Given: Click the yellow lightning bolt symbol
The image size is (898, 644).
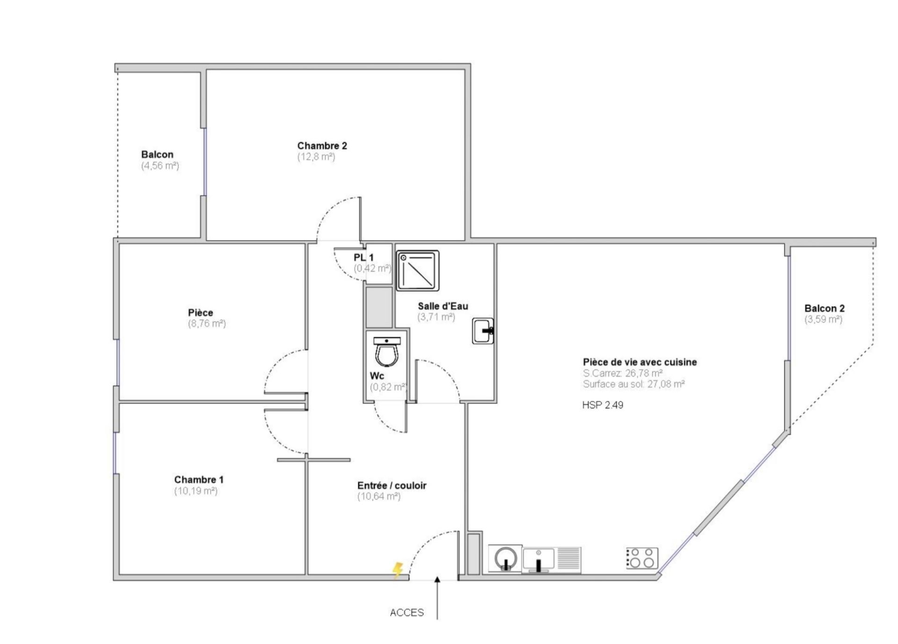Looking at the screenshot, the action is [397, 570].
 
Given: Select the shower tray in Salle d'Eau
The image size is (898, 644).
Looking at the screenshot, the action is [418, 271].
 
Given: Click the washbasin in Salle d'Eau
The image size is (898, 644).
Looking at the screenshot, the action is [483, 331].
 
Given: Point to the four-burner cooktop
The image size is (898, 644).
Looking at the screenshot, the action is [642, 558].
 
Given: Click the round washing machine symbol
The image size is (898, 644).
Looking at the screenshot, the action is [505, 558].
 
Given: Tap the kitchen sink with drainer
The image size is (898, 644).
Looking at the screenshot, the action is [552, 560].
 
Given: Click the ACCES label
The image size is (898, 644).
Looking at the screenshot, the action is [407, 613].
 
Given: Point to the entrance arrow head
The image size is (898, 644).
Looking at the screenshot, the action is [437, 580].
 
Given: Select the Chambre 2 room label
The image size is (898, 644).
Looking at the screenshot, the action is [322, 146].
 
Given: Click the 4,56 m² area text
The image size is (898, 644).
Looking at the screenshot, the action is [160, 166].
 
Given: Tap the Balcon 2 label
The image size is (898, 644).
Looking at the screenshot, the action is [825, 309].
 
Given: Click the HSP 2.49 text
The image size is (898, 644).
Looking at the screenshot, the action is [603, 405].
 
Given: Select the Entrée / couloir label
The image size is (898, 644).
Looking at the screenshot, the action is [392, 485].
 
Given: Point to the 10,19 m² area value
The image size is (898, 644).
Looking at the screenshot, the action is [196, 491].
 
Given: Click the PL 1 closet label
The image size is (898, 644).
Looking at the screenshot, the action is [364, 258].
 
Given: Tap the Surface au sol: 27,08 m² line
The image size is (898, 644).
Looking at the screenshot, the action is [634, 384].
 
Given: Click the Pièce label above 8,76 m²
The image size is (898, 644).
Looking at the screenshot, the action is [201, 312].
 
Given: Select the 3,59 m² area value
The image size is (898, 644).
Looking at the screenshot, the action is [823, 319].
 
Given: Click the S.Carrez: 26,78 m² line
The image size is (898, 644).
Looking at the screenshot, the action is [623, 373].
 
